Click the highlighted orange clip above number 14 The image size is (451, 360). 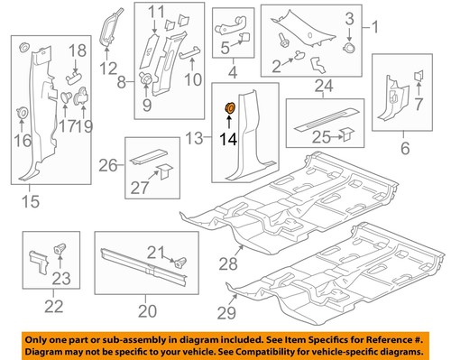(229, 108)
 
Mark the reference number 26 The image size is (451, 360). (107, 165)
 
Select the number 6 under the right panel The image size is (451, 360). (404, 147)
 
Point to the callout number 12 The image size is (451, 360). (109, 68)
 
